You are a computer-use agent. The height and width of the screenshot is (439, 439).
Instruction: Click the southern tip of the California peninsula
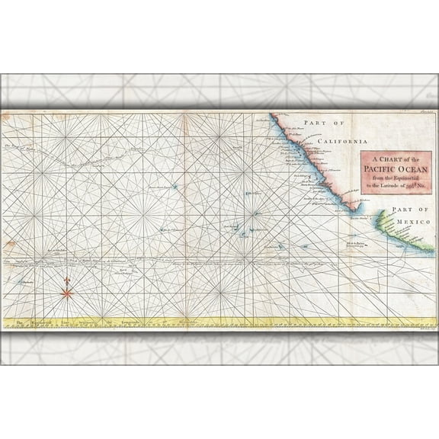tap(353, 213)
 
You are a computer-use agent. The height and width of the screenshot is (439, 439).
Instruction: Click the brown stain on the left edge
tap(9, 245)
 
